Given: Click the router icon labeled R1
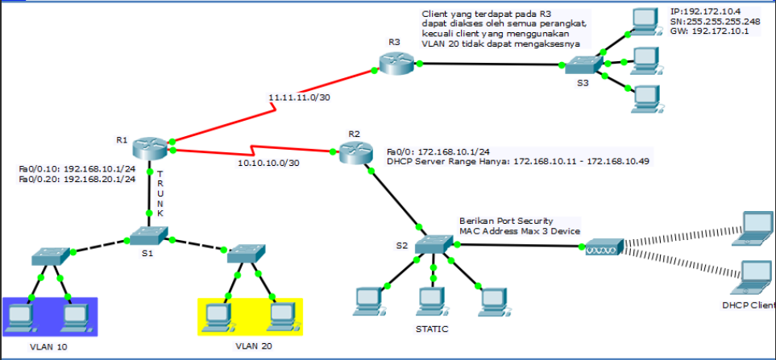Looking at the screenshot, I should pyautogui.click(x=150, y=146).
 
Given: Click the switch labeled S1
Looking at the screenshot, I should pyautogui.click(x=148, y=234).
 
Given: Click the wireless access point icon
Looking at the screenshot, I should pyautogui.click(x=604, y=246).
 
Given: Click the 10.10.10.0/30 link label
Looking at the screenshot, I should pyautogui.click(x=268, y=163).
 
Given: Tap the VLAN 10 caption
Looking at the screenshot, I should pyautogui.click(x=49, y=346).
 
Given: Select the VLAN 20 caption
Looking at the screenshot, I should pyautogui.click(x=255, y=346).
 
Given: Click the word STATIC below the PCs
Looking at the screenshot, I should pyautogui.click(x=431, y=329).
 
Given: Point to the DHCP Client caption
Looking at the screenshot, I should pyautogui.click(x=749, y=306).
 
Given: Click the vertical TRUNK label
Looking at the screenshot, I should pyautogui.click(x=160, y=193).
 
